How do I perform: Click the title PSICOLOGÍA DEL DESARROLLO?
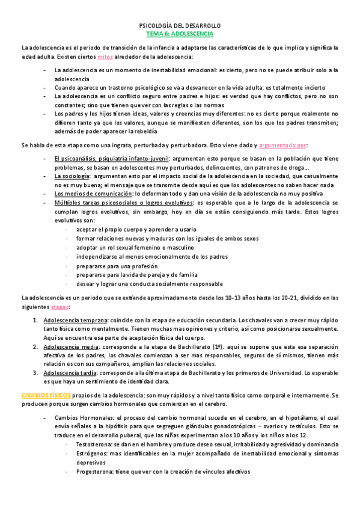coord(180,26)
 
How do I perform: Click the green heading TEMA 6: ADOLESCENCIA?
coord(180,34)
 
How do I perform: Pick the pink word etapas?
coord(60,307)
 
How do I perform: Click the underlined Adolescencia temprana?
coord(76,320)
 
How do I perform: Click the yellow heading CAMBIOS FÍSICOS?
coord(46,396)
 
